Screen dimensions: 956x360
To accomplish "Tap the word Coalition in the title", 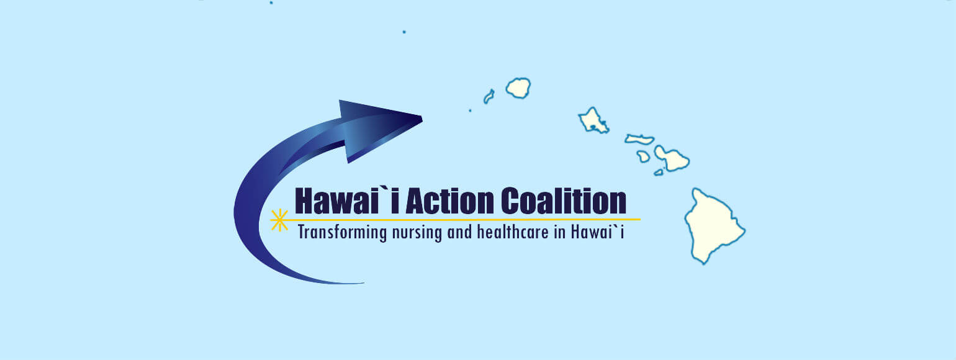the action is (x=564, y=201).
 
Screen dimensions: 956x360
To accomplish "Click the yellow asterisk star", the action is (x=279, y=220).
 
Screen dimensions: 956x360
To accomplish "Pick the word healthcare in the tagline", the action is (x=513, y=232).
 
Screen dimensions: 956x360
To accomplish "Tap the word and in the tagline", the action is (x=459, y=232).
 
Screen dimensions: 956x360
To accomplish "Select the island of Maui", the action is (x=672, y=159).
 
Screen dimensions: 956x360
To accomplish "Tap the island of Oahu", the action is (x=593, y=120).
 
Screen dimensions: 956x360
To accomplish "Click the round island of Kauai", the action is (x=518, y=88).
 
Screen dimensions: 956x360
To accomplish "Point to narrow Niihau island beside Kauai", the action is (x=489, y=96).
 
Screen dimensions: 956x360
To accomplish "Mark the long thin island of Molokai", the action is (x=639, y=140).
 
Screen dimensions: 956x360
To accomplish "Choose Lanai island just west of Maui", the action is (x=643, y=156).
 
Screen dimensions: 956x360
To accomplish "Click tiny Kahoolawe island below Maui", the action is (x=659, y=173).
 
